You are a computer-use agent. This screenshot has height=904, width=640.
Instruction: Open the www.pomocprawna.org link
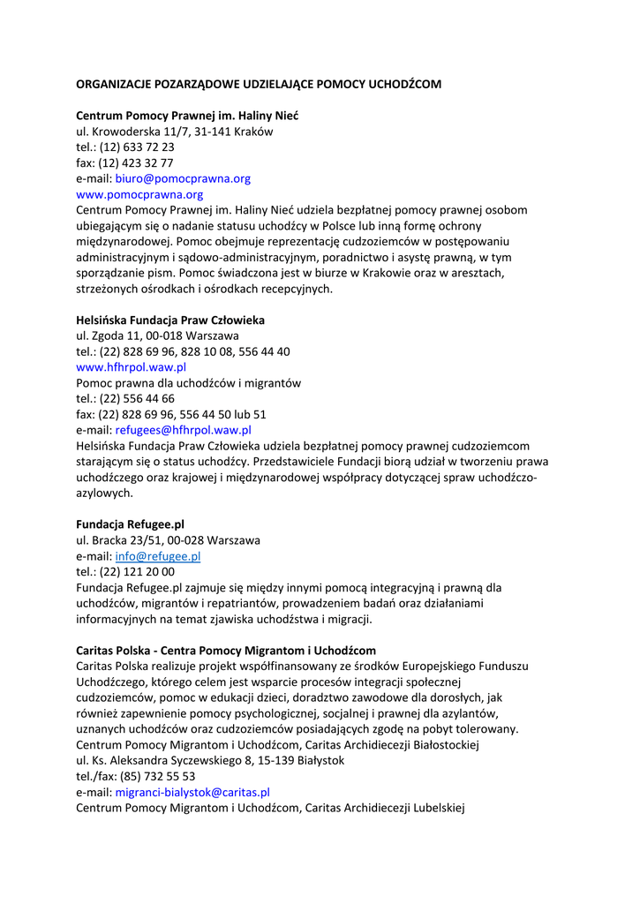click(x=139, y=194)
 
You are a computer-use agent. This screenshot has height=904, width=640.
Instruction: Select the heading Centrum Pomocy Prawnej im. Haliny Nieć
click(x=187, y=116)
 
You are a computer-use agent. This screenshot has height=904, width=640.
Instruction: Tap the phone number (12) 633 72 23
click(x=136, y=147)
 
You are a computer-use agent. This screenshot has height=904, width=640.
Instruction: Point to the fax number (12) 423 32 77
click(x=136, y=163)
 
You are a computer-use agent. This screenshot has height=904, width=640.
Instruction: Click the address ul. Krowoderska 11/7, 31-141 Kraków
click(x=174, y=132)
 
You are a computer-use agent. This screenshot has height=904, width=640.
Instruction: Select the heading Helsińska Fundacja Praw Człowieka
click(x=170, y=320)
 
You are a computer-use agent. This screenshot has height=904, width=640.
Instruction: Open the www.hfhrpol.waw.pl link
click(x=131, y=367)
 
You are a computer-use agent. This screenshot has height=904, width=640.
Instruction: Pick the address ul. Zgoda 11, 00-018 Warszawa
click(x=157, y=336)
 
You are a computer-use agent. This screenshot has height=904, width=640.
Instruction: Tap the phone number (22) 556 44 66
click(x=136, y=398)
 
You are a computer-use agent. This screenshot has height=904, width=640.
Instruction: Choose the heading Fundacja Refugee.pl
click(x=130, y=524)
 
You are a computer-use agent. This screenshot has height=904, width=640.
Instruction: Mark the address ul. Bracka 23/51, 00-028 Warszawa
click(x=168, y=540)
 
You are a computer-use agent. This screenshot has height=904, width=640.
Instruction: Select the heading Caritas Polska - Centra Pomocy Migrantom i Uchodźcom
click(x=225, y=651)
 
